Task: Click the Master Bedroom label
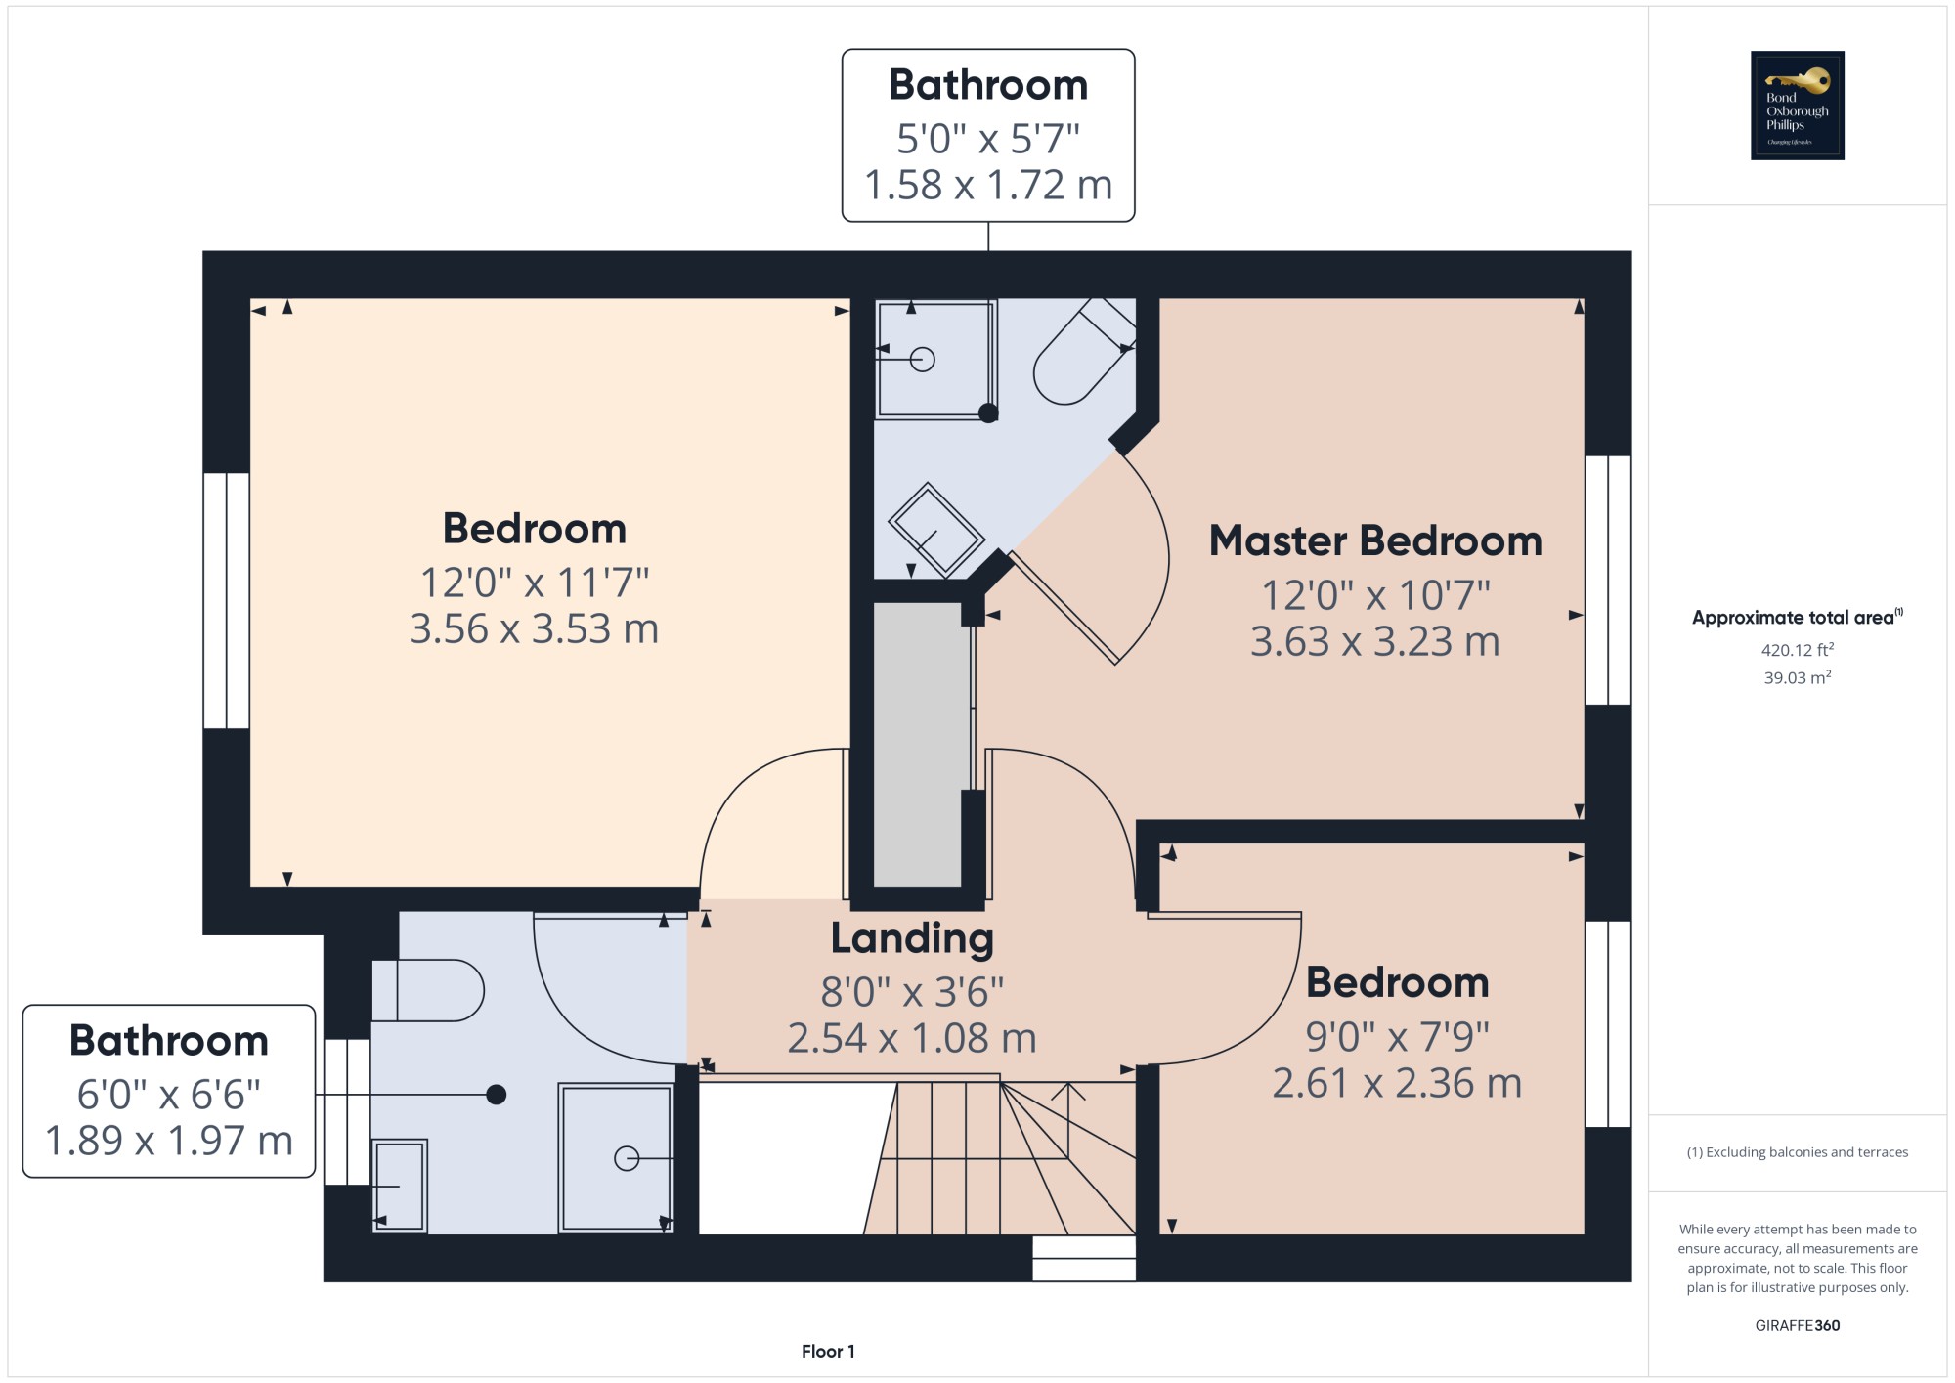click(x=1375, y=540)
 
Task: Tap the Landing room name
click(x=912, y=938)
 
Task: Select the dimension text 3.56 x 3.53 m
click(x=534, y=628)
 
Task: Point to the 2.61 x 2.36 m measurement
click(x=1397, y=1083)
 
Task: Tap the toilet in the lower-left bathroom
click(x=427, y=990)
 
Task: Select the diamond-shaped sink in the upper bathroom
click(x=936, y=531)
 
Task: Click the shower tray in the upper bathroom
click(x=935, y=360)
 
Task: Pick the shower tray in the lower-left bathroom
click(x=616, y=1157)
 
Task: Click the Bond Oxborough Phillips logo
click(x=1797, y=106)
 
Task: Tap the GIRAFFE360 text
click(x=1797, y=1325)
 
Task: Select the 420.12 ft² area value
click(x=1797, y=649)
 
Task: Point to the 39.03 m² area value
click(x=1797, y=677)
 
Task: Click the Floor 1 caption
click(x=828, y=1352)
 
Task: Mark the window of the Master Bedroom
click(x=1608, y=581)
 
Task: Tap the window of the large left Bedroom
click(x=227, y=601)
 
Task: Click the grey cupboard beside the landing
click(x=918, y=745)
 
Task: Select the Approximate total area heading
click(x=1797, y=617)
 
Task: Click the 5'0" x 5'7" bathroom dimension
click(x=988, y=139)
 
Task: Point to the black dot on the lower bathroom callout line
click(x=497, y=1095)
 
